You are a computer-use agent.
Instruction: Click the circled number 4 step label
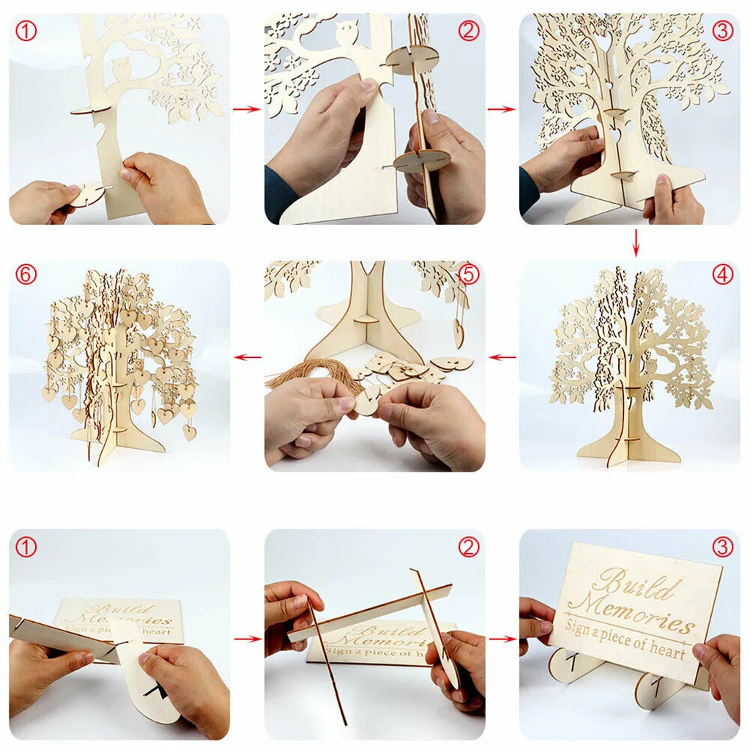click(x=721, y=275)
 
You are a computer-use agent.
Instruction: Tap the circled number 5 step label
click(x=468, y=275)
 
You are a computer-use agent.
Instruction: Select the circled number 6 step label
click(x=26, y=275)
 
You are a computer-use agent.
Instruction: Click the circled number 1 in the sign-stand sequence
click(x=26, y=546)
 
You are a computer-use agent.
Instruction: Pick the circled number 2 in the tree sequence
click(x=468, y=30)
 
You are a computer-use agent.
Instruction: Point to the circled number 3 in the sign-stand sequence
click(x=721, y=546)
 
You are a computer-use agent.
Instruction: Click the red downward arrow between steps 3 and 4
click(x=636, y=242)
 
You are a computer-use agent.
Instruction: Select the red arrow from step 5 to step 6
click(x=247, y=357)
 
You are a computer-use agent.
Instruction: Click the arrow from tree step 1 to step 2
click(x=247, y=109)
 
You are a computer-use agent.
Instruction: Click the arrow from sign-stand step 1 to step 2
click(x=247, y=639)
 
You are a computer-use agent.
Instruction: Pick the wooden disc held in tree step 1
click(x=85, y=195)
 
